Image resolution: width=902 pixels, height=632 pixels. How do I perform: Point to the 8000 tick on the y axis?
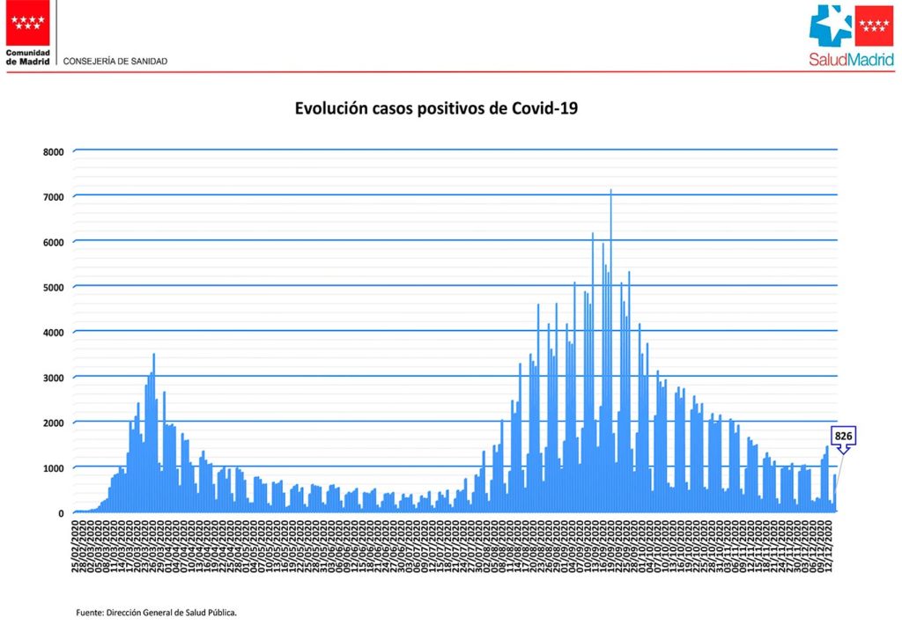click(x=54, y=151)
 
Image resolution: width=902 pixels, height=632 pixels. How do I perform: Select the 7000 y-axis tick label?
click(x=54, y=196)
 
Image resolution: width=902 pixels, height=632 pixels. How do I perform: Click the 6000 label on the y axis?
click(x=54, y=242)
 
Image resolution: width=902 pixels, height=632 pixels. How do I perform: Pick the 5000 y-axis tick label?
click(x=54, y=287)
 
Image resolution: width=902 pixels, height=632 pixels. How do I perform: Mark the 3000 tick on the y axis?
click(x=54, y=378)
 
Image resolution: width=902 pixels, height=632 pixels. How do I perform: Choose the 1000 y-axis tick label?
click(x=54, y=468)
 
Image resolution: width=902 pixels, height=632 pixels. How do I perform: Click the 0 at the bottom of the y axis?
click(x=61, y=513)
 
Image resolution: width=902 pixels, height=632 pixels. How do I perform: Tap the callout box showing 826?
click(x=844, y=436)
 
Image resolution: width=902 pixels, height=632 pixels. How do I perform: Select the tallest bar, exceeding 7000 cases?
click(x=610, y=352)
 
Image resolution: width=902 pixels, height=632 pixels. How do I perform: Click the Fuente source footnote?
click(x=157, y=611)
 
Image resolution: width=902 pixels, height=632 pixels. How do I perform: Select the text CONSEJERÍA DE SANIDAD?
click(x=115, y=62)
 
